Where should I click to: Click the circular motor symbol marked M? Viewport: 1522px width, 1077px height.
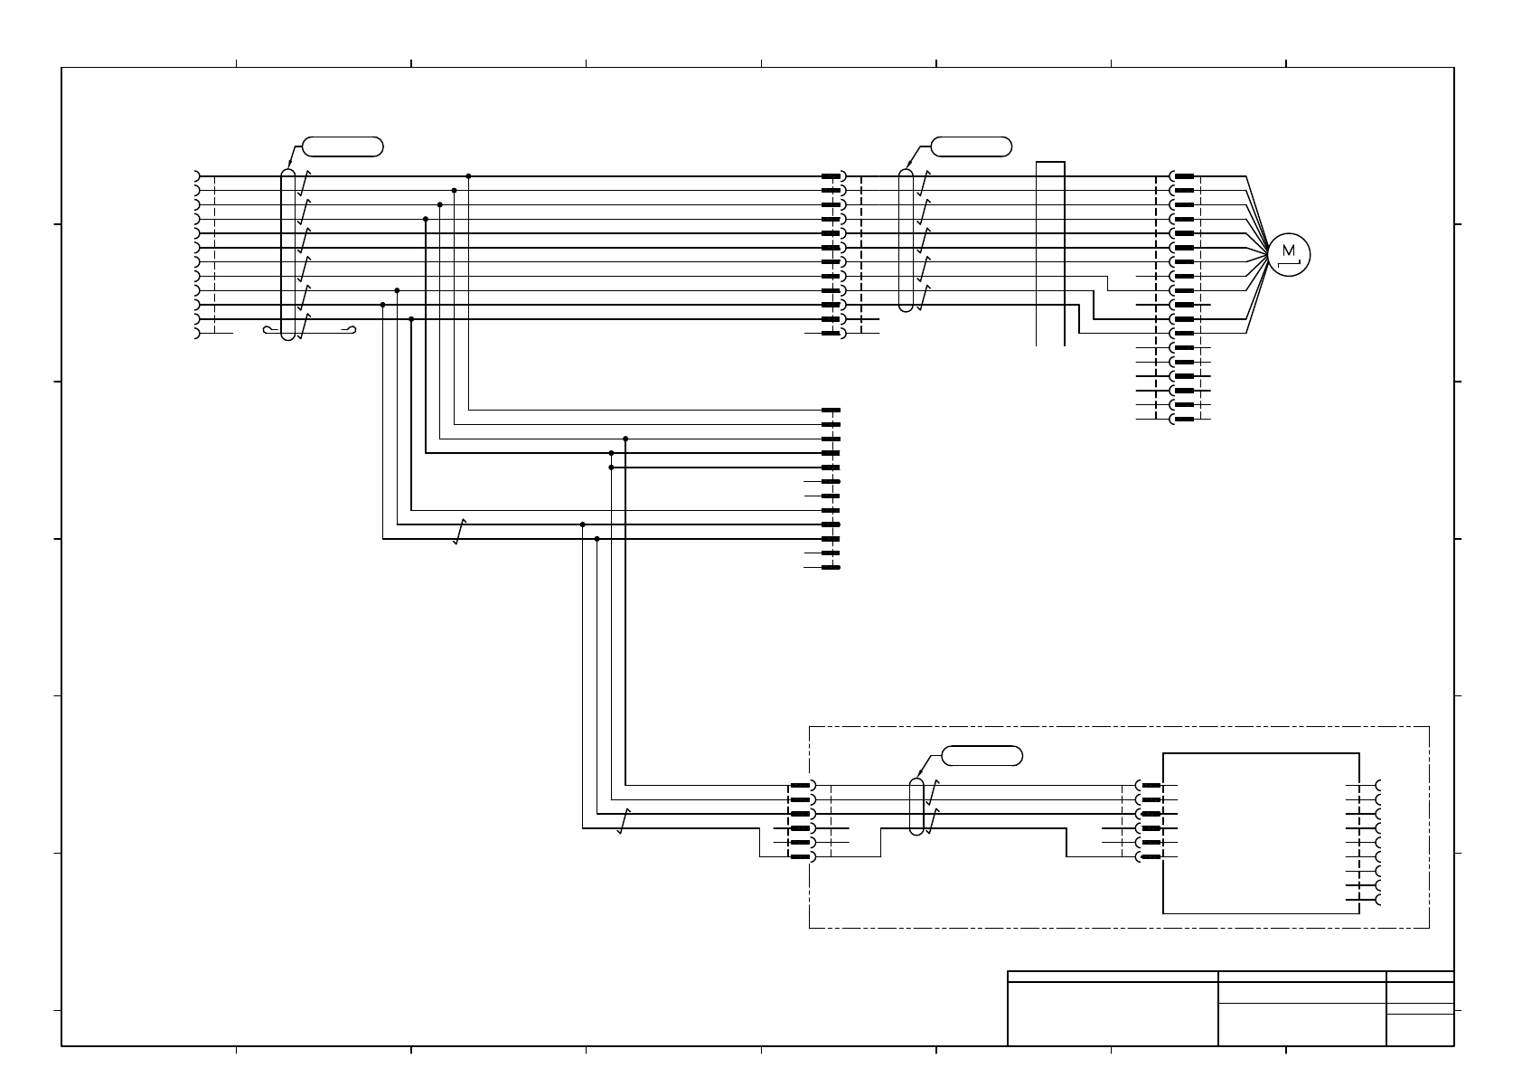(1288, 254)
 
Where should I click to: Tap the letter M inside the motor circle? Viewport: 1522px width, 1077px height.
(1288, 250)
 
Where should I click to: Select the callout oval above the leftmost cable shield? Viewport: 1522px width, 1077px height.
(342, 146)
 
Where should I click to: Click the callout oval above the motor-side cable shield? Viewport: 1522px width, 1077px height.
(971, 146)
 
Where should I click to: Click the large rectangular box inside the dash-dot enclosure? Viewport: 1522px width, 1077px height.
(1261, 833)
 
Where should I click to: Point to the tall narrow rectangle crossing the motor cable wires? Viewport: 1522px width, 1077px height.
(1050, 253)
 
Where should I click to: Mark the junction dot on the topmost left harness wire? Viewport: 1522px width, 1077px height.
(468, 176)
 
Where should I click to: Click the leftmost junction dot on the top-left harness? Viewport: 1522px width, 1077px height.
(383, 305)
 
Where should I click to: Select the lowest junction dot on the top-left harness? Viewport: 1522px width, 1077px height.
(411, 319)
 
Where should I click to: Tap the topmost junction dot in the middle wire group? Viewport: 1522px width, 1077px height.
(625, 439)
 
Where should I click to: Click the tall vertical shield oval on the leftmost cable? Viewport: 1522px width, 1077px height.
(287, 254)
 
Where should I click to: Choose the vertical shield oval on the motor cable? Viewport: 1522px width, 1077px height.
(906, 240)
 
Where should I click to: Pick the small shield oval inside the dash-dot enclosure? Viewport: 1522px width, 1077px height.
(916, 806)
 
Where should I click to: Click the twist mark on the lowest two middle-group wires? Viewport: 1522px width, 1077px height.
(459, 532)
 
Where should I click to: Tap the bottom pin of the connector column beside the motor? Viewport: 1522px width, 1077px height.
(1184, 419)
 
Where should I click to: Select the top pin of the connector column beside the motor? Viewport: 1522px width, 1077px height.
(1184, 176)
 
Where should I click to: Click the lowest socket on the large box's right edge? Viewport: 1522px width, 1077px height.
(1377, 900)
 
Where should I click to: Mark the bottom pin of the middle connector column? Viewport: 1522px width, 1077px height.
(831, 567)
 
